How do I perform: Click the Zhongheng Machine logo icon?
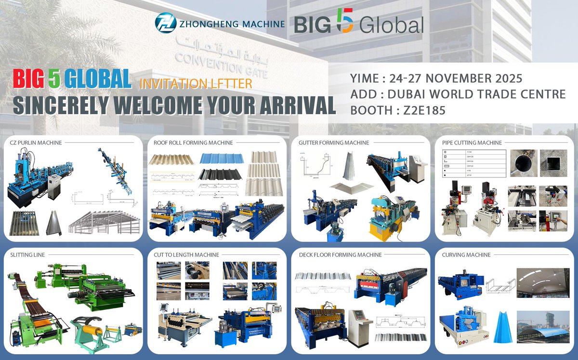[166, 23]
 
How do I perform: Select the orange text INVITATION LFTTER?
[196, 83]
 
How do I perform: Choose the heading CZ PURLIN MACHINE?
[36, 143]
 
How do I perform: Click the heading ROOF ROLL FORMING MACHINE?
[193, 143]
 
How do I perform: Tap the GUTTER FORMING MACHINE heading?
[334, 143]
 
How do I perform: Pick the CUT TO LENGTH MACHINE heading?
[186, 254]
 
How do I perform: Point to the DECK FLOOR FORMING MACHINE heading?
[340, 254]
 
